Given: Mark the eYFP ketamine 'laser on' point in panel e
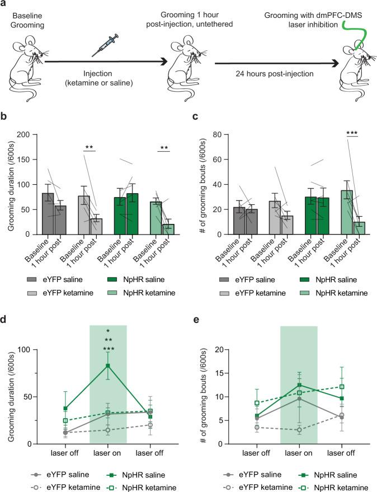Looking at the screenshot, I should tap(299, 430).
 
